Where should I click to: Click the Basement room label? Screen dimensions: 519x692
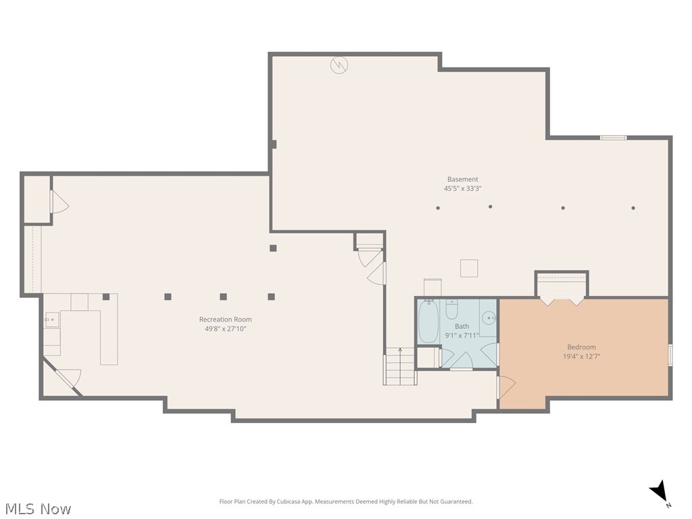pyautogui.click(x=462, y=179)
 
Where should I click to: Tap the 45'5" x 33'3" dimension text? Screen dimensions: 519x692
pyautogui.click(x=462, y=189)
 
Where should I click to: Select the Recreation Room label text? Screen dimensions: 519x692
pyautogui.click(x=225, y=319)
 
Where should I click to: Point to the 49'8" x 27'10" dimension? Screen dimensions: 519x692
pyautogui.click(x=225, y=329)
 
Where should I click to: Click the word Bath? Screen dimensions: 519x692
pyautogui.click(x=462, y=326)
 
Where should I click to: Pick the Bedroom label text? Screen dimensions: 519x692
pyautogui.click(x=581, y=347)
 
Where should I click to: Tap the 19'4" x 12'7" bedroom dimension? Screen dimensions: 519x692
pyautogui.click(x=581, y=356)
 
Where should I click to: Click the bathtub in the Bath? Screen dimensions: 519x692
pyautogui.click(x=428, y=322)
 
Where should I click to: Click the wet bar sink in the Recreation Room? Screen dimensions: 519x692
pyautogui.click(x=51, y=320)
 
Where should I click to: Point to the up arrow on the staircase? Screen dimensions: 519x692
pyautogui.click(x=400, y=351)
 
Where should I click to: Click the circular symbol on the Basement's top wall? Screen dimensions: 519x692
pyautogui.click(x=339, y=65)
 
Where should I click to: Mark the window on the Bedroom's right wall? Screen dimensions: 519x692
pyautogui.click(x=670, y=355)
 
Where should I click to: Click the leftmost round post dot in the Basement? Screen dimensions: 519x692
pyautogui.click(x=438, y=208)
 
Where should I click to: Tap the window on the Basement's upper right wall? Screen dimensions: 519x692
pyautogui.click(x=613, y=138)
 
